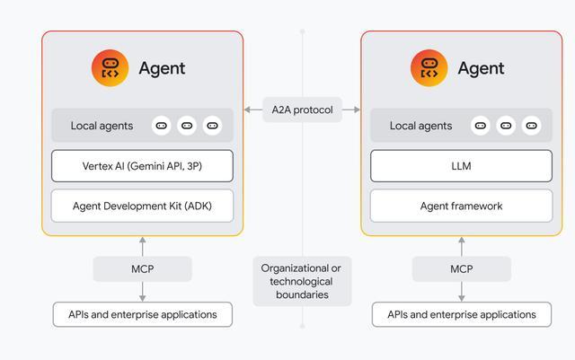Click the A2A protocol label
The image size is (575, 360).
[x=302, y=110]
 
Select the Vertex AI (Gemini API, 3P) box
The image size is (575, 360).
[x=142, y=166]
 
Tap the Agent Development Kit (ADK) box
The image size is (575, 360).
[x=142, y=206]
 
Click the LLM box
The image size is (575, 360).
[x=461, y=166]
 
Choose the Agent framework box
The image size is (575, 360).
[x=461, y=206]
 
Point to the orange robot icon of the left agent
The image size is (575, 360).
[x=110, y=68]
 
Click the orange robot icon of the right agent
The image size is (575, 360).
[x=429, y=68]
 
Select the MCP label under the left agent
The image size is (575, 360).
[x=142, y=268]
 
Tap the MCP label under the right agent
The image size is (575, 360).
[x=461, y=268]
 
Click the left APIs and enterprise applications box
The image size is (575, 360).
[x=142, y=314]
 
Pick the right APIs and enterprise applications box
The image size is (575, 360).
[x=461, y=314]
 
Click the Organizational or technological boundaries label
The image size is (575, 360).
[x=302, y=281]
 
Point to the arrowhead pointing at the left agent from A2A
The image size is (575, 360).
[x=248, y=110]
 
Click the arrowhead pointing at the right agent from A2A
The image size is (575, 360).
[x=357, y=110]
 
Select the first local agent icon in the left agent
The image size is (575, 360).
[x=162, y=126]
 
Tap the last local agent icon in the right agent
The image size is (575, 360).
[x=531, y=126]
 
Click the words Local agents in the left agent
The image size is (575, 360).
[x=102, y=126]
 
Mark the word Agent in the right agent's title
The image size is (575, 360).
[x=482, y=68]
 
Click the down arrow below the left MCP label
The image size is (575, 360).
[x=142, y=292]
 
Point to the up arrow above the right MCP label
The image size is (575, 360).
[x=461, y=246]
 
